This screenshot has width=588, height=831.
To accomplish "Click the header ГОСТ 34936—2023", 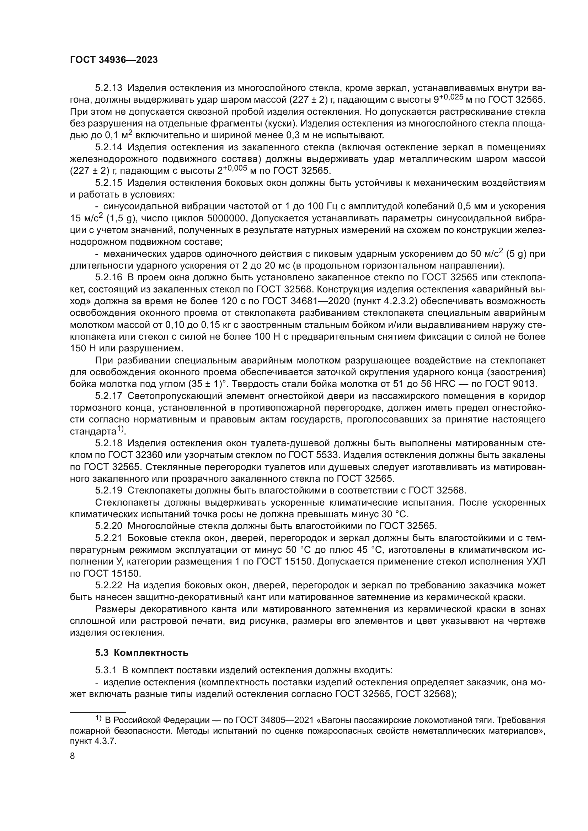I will coord(114,60).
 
